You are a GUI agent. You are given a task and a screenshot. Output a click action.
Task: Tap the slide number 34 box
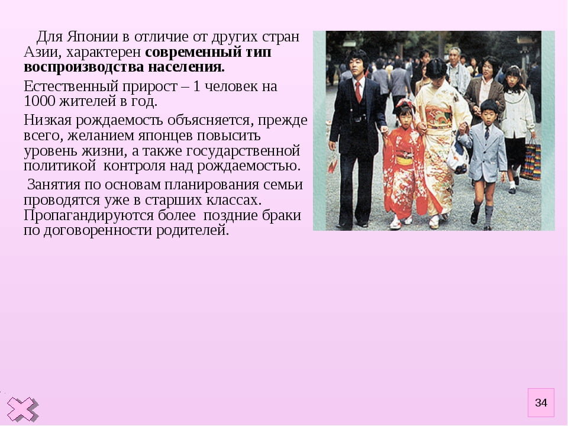point(541,403)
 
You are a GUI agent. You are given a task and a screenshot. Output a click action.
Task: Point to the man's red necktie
point(358,92)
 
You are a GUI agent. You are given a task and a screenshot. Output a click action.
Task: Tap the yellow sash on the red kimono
point(405,160)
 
